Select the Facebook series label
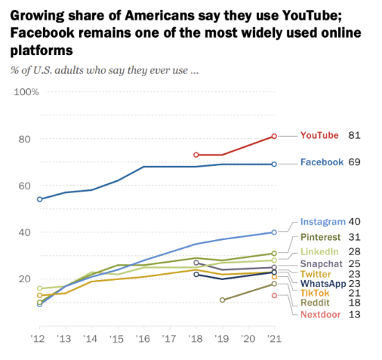pyautogui.click(x=322, y=162)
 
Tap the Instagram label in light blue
pyautogui.click(x=322, y=222)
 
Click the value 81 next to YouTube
pyautogui.click(x=354, y=135)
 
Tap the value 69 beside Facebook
pyautogui.click(x=354, y=162)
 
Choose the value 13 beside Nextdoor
pyautogui.click(x=354, y=315)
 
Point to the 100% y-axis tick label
pyautogui.click(x=26, y=92)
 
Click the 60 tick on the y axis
pyautogui.click(x=29, y=186)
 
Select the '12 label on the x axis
pyautogui.click(x=39, y=338)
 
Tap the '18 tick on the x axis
pyautogui.click(x=196, y=338)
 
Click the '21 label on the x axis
pyautogui.click(x=274, y=338)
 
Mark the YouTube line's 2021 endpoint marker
pyautogui.click(x=274, y=137)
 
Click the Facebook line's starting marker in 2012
pyautogui.click(x=39, y=199)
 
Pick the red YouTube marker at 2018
pyautogui.click(x=196, y=155)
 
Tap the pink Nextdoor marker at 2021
pyautogui.click(x=274, y=295)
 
